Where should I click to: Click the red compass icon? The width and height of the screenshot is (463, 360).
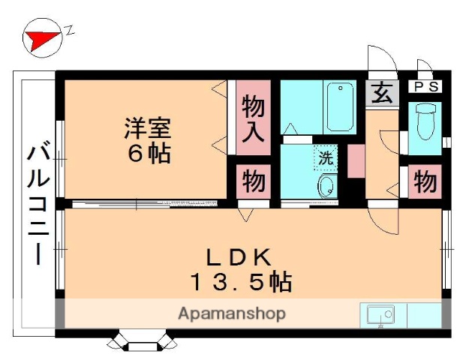41,39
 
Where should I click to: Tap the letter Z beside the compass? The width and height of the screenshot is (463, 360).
69,31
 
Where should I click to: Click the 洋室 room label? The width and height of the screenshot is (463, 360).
147,127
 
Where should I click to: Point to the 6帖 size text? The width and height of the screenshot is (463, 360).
147,154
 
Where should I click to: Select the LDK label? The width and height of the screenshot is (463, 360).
238,256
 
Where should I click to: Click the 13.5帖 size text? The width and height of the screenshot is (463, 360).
239,283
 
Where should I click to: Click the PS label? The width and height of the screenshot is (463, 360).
425,87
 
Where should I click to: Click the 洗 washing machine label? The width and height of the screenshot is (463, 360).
326,158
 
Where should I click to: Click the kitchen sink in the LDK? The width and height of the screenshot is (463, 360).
380,316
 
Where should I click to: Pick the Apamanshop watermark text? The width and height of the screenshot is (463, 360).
231,313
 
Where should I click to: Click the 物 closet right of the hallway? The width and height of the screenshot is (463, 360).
425,181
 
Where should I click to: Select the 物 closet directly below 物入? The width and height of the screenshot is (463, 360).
253,182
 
